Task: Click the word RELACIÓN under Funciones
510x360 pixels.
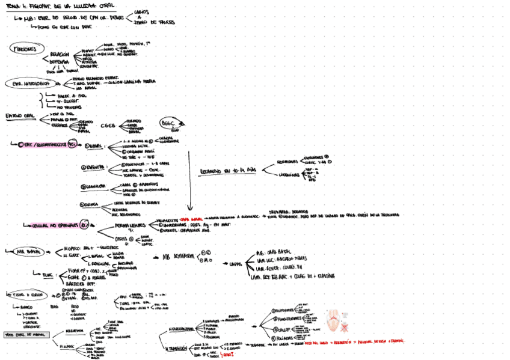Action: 60,54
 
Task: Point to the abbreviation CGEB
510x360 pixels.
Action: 108,126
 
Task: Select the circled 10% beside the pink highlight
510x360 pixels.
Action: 85,224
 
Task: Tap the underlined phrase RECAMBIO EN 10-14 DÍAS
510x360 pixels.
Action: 227,171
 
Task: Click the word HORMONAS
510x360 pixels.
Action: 287,162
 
